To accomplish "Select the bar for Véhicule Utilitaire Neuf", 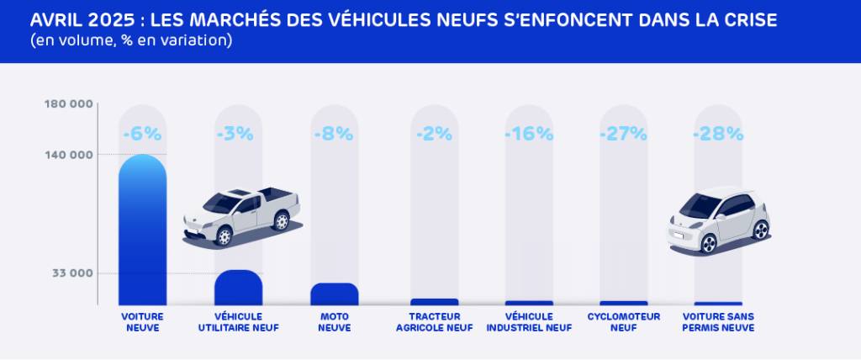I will click(238, 288).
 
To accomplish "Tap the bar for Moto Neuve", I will click(334, 294).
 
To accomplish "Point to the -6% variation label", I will click(142, 134).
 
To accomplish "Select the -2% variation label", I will click(434, 134).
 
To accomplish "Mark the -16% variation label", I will click(529, 134).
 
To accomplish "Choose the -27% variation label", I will click(623, 134).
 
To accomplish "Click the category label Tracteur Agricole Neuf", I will click(434, 322).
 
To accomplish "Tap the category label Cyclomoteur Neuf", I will click(623, 322).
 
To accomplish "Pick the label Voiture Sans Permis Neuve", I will click(717, 322).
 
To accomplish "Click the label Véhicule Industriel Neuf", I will click(529, 322).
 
